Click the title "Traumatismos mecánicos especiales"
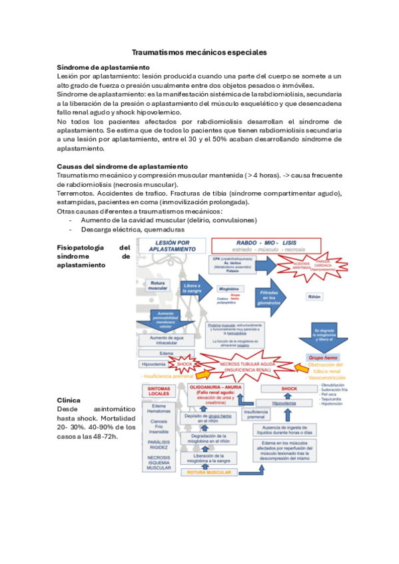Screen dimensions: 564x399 [x=199, y=51]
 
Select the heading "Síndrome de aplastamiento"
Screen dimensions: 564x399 [x=103, y=67]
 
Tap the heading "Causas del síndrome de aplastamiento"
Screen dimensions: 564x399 [x=123, y=166]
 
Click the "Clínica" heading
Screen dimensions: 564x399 [x=70, y=400]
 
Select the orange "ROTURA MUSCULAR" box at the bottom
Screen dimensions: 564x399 [x=209, y=472]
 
